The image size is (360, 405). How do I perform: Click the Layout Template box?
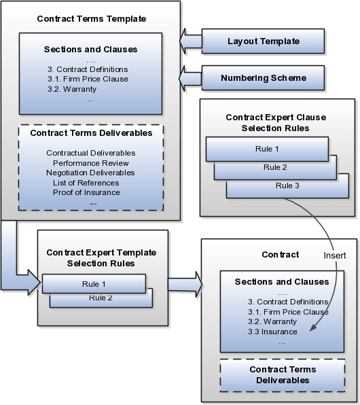point(263,41)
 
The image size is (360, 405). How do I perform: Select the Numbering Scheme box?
point(263,77)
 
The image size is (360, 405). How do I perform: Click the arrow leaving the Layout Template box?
point(191,42)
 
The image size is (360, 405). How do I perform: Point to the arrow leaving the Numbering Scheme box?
point(191,77)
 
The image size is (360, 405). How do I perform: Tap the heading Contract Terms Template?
point(90,18)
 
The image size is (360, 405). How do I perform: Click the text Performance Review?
point(90,163)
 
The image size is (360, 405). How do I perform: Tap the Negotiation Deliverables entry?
point(90,173)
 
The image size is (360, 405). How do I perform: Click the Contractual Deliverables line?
point(90,153)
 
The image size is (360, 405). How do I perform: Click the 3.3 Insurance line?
point(272,332)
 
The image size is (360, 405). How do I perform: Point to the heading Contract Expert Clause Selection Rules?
point(276,122)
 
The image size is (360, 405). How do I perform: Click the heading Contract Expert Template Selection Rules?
point(101,257)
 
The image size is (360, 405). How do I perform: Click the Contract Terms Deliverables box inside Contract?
point(278,374)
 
